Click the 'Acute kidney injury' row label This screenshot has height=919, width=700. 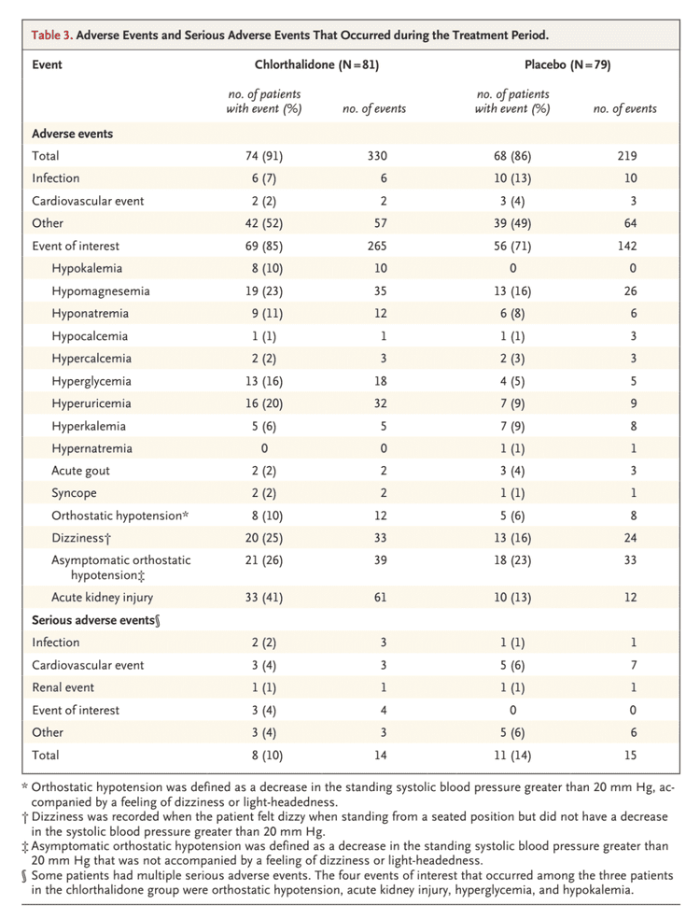[102, 597]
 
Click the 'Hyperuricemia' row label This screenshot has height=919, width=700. [91, 403]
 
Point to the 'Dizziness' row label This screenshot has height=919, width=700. [83, 538]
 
